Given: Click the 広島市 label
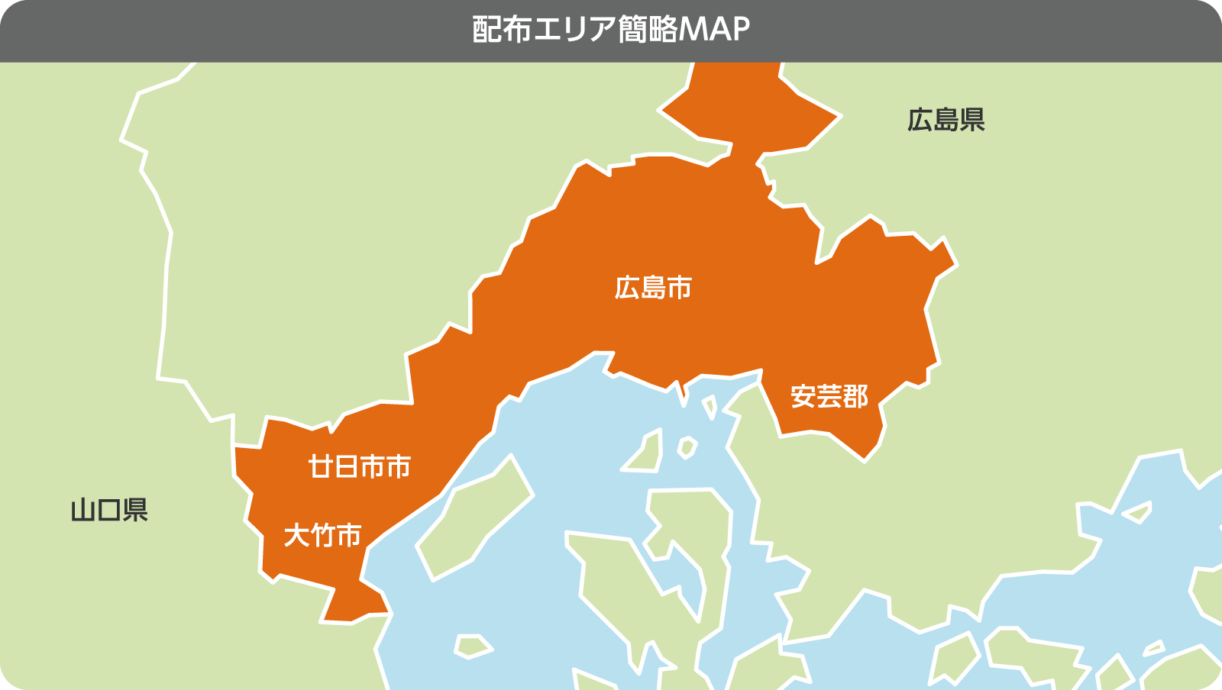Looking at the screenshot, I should [x=653, y=288].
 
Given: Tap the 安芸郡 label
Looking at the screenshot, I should [x=829, y=396].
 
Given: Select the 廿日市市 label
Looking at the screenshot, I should [x=359, y=466].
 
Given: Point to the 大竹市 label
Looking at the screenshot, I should [x=322, y=535].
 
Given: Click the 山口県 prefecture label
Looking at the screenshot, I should [x=109, y=509].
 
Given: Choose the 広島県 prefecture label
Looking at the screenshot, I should [x=946, y=120].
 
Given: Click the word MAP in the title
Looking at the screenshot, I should [x=713, y=30].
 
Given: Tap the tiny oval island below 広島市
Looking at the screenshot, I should [x=687, y=447].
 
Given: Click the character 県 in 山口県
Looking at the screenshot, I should [x=135, y=509].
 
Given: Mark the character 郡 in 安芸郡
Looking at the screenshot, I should [x=855, y=396].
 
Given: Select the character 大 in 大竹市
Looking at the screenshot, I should [x=296, y=535].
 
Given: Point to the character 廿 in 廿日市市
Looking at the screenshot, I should [x=321, y=466].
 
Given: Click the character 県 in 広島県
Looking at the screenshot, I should [x=972, y=120].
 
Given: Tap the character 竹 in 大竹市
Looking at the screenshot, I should [x=322, y=535].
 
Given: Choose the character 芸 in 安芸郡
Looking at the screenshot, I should [x=829, y=396].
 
